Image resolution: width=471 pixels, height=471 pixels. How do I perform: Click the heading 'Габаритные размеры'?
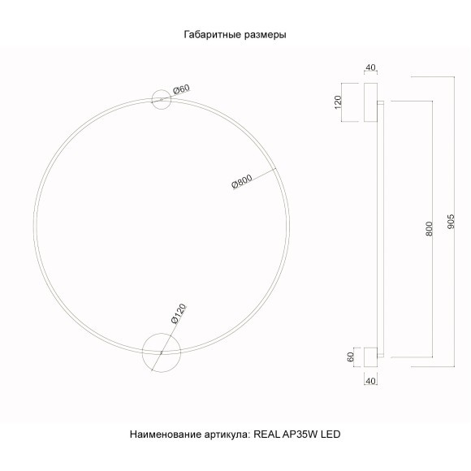coord(235,35)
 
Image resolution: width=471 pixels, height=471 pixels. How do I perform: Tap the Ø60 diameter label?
coord(181,89)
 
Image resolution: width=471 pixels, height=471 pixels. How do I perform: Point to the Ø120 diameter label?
coord(179,313)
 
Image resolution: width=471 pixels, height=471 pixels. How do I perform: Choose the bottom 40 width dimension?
coord(370,379)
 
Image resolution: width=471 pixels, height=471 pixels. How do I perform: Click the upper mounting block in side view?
coord(370,102)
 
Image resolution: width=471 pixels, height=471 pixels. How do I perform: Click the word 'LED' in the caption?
coord(330,435)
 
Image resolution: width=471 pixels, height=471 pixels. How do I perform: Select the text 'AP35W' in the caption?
coord(299,435)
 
